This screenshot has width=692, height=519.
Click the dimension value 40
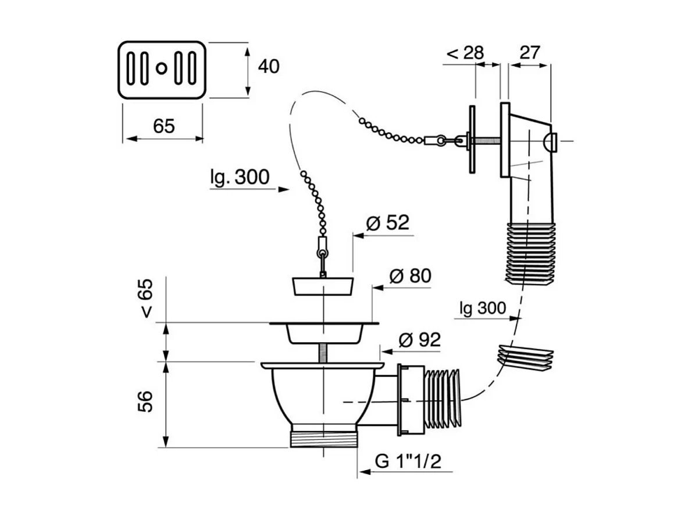[x=268, y=67]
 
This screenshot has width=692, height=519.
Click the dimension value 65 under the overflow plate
[x=164, y=125]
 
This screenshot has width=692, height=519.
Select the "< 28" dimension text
[x=465, y=52]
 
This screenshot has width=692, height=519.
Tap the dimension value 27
[x=529, y=52]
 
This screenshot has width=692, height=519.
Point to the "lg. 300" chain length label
[x=240, y=176]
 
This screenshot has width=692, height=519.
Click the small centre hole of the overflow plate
[x=162, y=69]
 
